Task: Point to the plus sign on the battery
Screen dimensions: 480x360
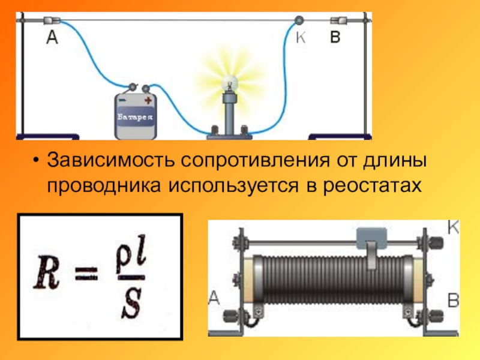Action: pos(148,101)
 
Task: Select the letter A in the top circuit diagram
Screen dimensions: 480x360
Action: pos(53,38)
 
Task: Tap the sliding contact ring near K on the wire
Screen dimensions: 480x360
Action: pos(298,20)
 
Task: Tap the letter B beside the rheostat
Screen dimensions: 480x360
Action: pos(454,299)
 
